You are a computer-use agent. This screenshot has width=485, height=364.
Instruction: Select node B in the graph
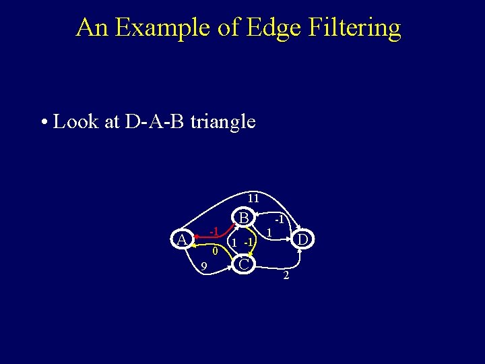coord(245,218)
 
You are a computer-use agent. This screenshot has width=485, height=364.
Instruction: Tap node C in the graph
coord(245,264)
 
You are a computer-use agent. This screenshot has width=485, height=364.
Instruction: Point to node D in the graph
coord(303,239)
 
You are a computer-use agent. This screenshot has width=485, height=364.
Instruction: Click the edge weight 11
coord(253,199)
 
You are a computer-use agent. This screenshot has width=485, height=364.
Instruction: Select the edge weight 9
coord(203,268)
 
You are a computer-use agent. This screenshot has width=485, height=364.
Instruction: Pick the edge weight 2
coord(286,276)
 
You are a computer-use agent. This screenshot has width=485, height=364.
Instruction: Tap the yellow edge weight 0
coord(214,251)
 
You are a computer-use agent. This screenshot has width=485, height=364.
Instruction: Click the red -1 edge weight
coord(213,232)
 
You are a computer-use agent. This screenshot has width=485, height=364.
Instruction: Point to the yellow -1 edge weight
coord(249,242)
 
